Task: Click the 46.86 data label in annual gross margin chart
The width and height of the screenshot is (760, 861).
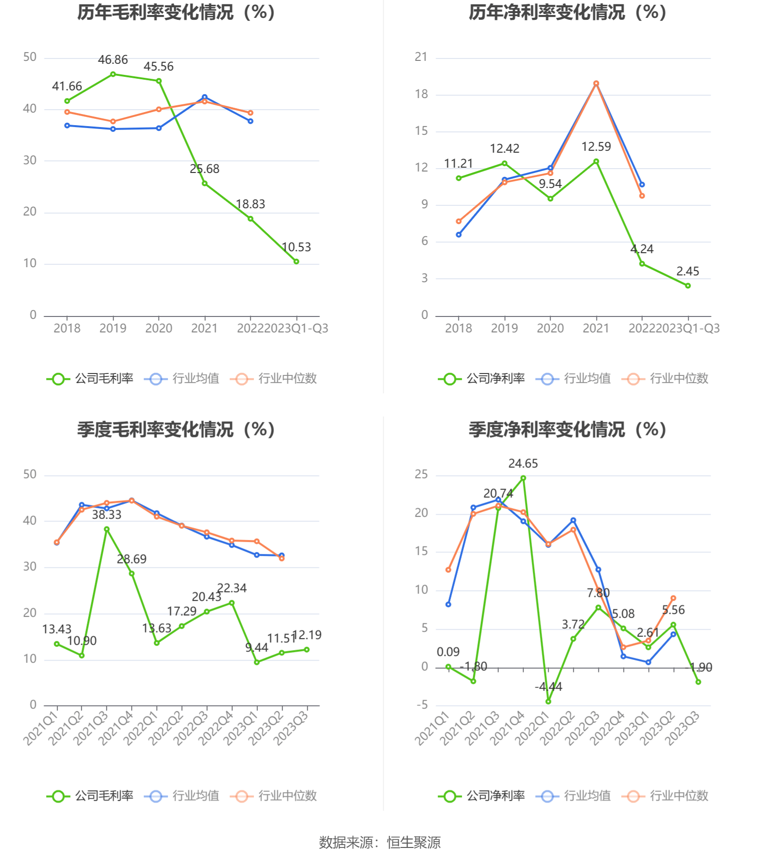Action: [113, 60]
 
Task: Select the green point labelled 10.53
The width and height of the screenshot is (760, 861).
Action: [296, 261]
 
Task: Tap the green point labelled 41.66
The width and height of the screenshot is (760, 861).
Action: [67, 101]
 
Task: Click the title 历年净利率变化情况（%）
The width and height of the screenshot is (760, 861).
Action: [567, 13]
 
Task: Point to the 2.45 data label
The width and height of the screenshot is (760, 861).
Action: [688, 272]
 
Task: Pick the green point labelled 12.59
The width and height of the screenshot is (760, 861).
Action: [596, 161]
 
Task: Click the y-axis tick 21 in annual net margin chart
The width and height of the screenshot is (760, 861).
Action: [421, 57]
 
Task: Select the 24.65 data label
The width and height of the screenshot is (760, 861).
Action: [523, 464]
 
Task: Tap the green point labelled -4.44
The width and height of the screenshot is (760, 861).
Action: [548, 701]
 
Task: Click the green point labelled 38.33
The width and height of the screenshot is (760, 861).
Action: [107, 529]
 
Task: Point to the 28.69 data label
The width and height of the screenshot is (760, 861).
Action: [131, 560]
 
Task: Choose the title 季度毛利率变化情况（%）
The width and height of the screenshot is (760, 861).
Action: [176, 430]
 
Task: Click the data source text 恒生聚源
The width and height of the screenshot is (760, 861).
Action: [414, 843]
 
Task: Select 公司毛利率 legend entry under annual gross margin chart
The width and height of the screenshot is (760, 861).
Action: [90, 379]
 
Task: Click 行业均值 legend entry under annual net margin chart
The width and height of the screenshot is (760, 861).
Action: [573, 379]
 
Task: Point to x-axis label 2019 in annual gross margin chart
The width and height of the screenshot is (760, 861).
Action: [113, 329]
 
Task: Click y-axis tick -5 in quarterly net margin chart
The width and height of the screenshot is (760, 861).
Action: [422, 705]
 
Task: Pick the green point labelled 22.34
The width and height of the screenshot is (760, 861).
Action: [232, 603]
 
